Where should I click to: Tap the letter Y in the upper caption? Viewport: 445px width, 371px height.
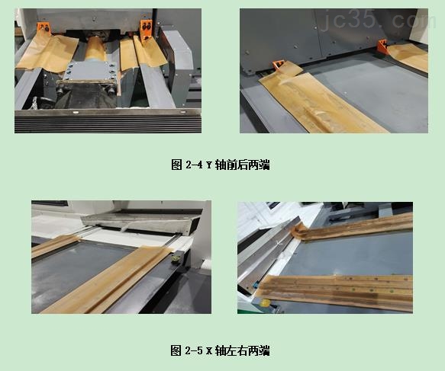click(x=209, y=165)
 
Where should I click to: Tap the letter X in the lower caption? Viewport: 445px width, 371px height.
click(x=209, y=351)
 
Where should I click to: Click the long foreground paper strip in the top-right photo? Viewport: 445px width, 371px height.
click(x=328, y=103)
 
